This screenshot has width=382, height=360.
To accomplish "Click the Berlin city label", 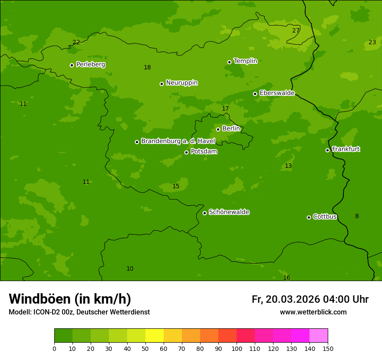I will click(231, 129).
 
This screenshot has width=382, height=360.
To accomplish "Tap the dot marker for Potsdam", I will click(187, 152).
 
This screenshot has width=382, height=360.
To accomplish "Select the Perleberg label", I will click(90, 65).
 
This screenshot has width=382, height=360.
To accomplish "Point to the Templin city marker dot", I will click(229, 62).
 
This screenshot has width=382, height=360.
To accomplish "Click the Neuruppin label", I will click(181, 83).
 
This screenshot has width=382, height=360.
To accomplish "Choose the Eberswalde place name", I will click(277, 93).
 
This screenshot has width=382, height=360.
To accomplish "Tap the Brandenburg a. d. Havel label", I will click(178, 141).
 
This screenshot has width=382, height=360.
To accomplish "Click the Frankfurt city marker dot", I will click(327, 150).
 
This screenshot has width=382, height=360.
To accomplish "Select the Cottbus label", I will click(325, 217).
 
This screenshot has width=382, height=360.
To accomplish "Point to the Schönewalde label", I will click(229, 212).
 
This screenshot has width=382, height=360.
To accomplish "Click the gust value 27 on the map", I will click(296, 30).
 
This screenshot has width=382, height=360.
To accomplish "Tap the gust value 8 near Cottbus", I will click(357, 216).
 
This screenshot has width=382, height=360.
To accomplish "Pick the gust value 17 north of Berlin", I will click(225, 109).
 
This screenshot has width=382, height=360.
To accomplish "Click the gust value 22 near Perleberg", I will click(76, 43).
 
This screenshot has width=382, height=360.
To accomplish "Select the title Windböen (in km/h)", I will click(70, 299).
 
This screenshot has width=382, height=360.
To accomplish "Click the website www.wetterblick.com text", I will click(313, 312).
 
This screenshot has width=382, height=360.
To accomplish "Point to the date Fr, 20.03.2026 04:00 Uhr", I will click(310, 299).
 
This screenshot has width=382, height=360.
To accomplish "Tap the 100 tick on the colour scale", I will click(237, 349).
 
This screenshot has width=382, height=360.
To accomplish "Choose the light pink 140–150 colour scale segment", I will click(319, 336).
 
